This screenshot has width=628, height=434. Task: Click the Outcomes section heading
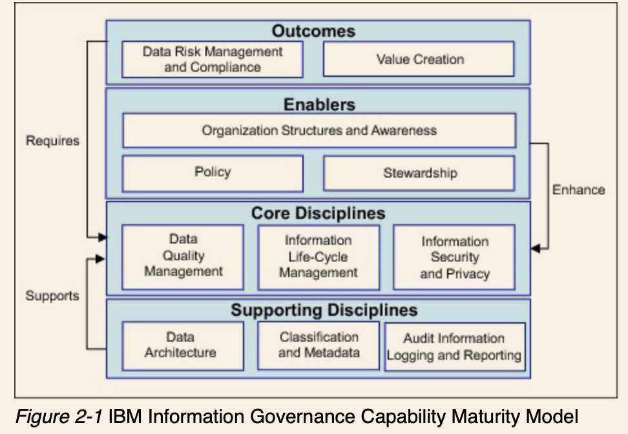pyautogui.click(x=313, y=31)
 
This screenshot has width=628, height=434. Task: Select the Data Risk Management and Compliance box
pyautogui.click(x=212, y=59)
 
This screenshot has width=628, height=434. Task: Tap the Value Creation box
pyautogui.click(x=419, y=59)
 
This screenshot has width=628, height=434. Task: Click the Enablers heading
pyautogui.click(x=319, y=104)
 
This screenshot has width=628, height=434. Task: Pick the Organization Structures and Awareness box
pyautogui.click(x=319, y=130)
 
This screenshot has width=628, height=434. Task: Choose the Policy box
pyautogui.click(x=212, y=172)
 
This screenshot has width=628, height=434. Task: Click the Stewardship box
pyautogui.click(x=419, y=173)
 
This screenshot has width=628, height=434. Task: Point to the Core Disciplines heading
pyautogui.click(x=318, y=213)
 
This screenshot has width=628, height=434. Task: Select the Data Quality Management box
pyautogui.click(x=183, y=256)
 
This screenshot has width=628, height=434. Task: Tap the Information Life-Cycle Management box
pyautogui.click(x=318, y=256)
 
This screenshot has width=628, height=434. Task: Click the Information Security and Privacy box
pyautogui.click(x=454, y=257)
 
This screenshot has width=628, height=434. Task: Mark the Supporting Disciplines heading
pyautogui.click(x=324, y=310)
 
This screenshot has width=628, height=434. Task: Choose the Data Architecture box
pyautogui.click(x=180, y=345)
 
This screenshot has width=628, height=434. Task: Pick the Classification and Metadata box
pyautogui.click(x=318, y=345)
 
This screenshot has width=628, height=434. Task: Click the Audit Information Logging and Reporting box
pyautogui.click(x=454, y=347)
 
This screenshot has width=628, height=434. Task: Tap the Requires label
pyautogui.click(x=52, y=140)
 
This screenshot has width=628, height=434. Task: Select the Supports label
pyautogui.click(x=52, y=296)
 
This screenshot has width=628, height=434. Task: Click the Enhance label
pyautogui.click(x=578, y=190)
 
